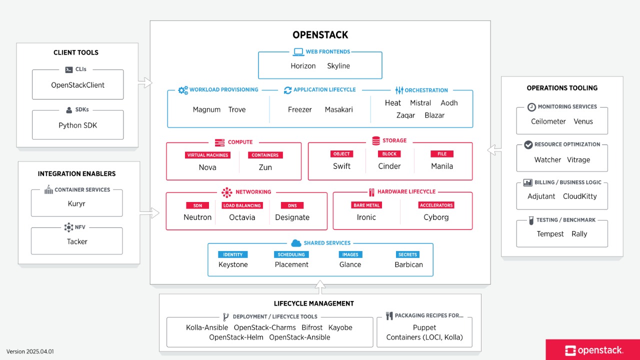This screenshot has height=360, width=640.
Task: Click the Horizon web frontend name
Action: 303,66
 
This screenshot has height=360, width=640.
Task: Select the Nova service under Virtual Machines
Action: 207,167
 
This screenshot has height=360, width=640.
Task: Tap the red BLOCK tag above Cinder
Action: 389,154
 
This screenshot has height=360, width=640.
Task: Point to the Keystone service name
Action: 233,264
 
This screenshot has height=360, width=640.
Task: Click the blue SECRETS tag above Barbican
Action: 407,254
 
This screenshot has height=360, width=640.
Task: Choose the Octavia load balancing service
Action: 242,217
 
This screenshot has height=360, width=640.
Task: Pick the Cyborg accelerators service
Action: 436,217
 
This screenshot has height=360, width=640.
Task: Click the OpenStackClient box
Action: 77,85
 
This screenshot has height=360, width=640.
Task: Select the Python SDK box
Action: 77,125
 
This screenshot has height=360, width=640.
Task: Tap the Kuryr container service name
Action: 77,204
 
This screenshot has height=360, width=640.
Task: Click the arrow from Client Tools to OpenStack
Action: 145,82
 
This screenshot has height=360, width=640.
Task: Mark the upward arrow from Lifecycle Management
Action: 320,287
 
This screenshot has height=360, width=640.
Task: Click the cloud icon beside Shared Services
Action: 295,243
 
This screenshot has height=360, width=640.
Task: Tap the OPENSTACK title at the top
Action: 320,35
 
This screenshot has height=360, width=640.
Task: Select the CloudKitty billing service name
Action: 579,196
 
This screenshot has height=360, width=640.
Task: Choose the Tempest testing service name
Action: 550,234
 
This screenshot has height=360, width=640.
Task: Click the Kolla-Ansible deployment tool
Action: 207,327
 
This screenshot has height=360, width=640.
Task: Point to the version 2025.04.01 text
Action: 30,351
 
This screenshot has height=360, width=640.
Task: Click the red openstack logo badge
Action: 592,350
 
